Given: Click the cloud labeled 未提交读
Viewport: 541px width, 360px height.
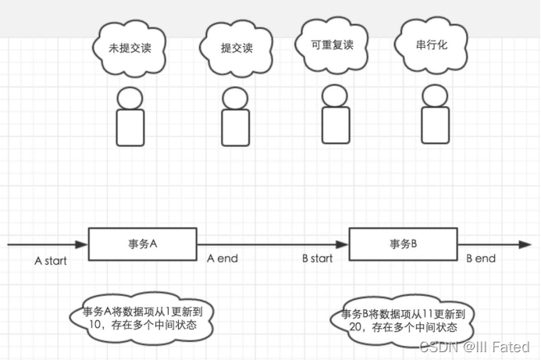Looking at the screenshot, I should tap(130, 48).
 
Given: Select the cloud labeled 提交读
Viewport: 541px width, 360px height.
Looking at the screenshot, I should tap(237, 48).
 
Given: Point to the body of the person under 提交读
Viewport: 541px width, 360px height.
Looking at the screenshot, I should tap(235, 127).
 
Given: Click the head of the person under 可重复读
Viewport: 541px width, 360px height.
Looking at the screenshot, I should tap(334, 95).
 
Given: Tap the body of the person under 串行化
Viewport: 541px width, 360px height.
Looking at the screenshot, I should tap(435, 125).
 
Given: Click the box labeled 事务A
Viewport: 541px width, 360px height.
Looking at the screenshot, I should tap(142, 244).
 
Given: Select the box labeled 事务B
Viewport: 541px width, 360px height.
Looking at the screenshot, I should tap(403, 244).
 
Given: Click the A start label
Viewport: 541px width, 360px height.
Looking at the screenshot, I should tap(51, 261).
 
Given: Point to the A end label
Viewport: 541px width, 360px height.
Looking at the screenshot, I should tap(222, 258).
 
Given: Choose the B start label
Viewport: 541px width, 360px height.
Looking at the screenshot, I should tap(317, 258).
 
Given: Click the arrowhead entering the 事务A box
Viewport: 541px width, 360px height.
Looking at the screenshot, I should tap(83, 244).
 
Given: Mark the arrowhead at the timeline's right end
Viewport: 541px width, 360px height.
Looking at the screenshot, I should tap(526, 244).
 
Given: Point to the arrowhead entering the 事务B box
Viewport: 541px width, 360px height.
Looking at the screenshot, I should tap(343, 244).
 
